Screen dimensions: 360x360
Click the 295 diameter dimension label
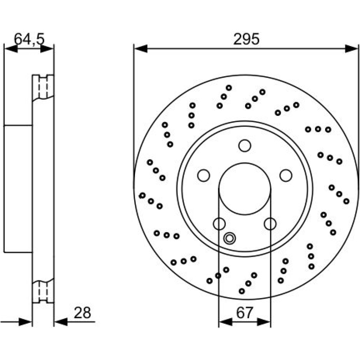pos(246,39)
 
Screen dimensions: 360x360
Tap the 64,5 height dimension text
pos(29,39)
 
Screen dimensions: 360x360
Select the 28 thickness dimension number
pos(82,313)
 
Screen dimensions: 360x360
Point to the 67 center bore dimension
pos(244,313)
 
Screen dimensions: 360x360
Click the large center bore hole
pos(245,189)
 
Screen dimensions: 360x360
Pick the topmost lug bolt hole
pos(245,145)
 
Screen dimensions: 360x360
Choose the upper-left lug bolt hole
pos(204,176)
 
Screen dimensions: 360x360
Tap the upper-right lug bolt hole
pos(286,176)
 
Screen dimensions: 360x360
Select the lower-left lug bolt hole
pos(219,224)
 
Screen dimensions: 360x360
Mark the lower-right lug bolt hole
pos(270,224)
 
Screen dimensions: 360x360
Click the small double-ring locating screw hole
pos(229,238)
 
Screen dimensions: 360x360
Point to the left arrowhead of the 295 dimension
pos(141,49)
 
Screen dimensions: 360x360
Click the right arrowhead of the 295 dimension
pos(351,49)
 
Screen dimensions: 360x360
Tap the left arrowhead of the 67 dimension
pos(226,322)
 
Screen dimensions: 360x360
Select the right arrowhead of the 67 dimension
pos(264,322)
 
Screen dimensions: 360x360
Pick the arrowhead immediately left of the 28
pos(61,322)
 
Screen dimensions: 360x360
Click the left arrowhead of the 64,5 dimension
pos(11,49)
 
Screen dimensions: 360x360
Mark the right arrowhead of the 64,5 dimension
pos(47,49)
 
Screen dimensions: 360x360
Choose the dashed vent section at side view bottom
pos(43,292)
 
